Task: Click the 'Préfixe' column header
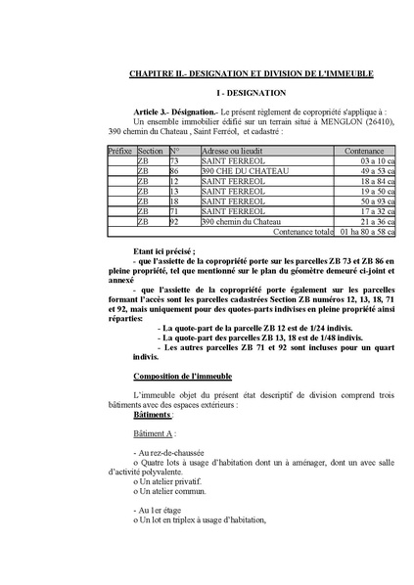[x=120, y=152]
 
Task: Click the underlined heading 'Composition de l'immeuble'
[x=181, y=376]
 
